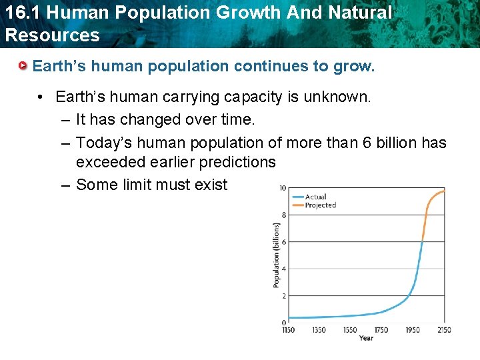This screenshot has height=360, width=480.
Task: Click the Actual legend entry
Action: click(x=315, y=197)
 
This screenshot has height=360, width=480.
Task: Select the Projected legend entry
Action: click(x=320, y=205)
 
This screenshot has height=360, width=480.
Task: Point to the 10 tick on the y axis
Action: click(x=282, y=188)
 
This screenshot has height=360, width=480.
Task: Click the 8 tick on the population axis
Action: click(x=283, y=215)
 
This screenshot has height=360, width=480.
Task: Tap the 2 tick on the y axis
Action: click(x=283, y=295)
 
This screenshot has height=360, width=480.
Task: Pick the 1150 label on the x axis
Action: click(x=289, y=330)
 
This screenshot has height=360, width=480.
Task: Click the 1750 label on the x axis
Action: click(x=381, y=330)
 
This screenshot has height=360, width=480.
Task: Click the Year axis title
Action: click(x=366, y=338)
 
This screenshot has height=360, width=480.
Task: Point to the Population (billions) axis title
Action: click(x=276, y=255)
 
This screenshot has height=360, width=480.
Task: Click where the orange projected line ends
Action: click(x=445, y=191)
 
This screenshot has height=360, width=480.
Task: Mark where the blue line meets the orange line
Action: click(x=423, y=241)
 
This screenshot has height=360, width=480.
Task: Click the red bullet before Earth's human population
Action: click(x=23, y=67)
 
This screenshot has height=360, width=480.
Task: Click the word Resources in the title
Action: click(x=52, y=35)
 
